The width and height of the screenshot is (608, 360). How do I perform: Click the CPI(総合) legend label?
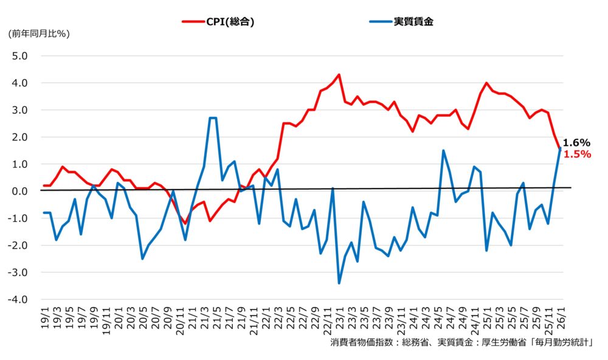point(227,21)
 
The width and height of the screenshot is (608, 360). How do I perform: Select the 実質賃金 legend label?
point(413,21)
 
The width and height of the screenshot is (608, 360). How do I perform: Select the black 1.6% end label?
point(576,142)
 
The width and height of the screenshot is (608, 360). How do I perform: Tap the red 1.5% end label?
point(577,154)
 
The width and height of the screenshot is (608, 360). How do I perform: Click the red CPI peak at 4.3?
point(339,75)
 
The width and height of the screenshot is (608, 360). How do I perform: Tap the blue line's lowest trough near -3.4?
point(339,283)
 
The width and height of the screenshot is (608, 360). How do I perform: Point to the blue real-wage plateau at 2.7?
point(213,118)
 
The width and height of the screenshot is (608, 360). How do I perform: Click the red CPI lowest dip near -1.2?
point(185,223)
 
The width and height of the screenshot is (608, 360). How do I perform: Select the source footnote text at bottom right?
point(461,342)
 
